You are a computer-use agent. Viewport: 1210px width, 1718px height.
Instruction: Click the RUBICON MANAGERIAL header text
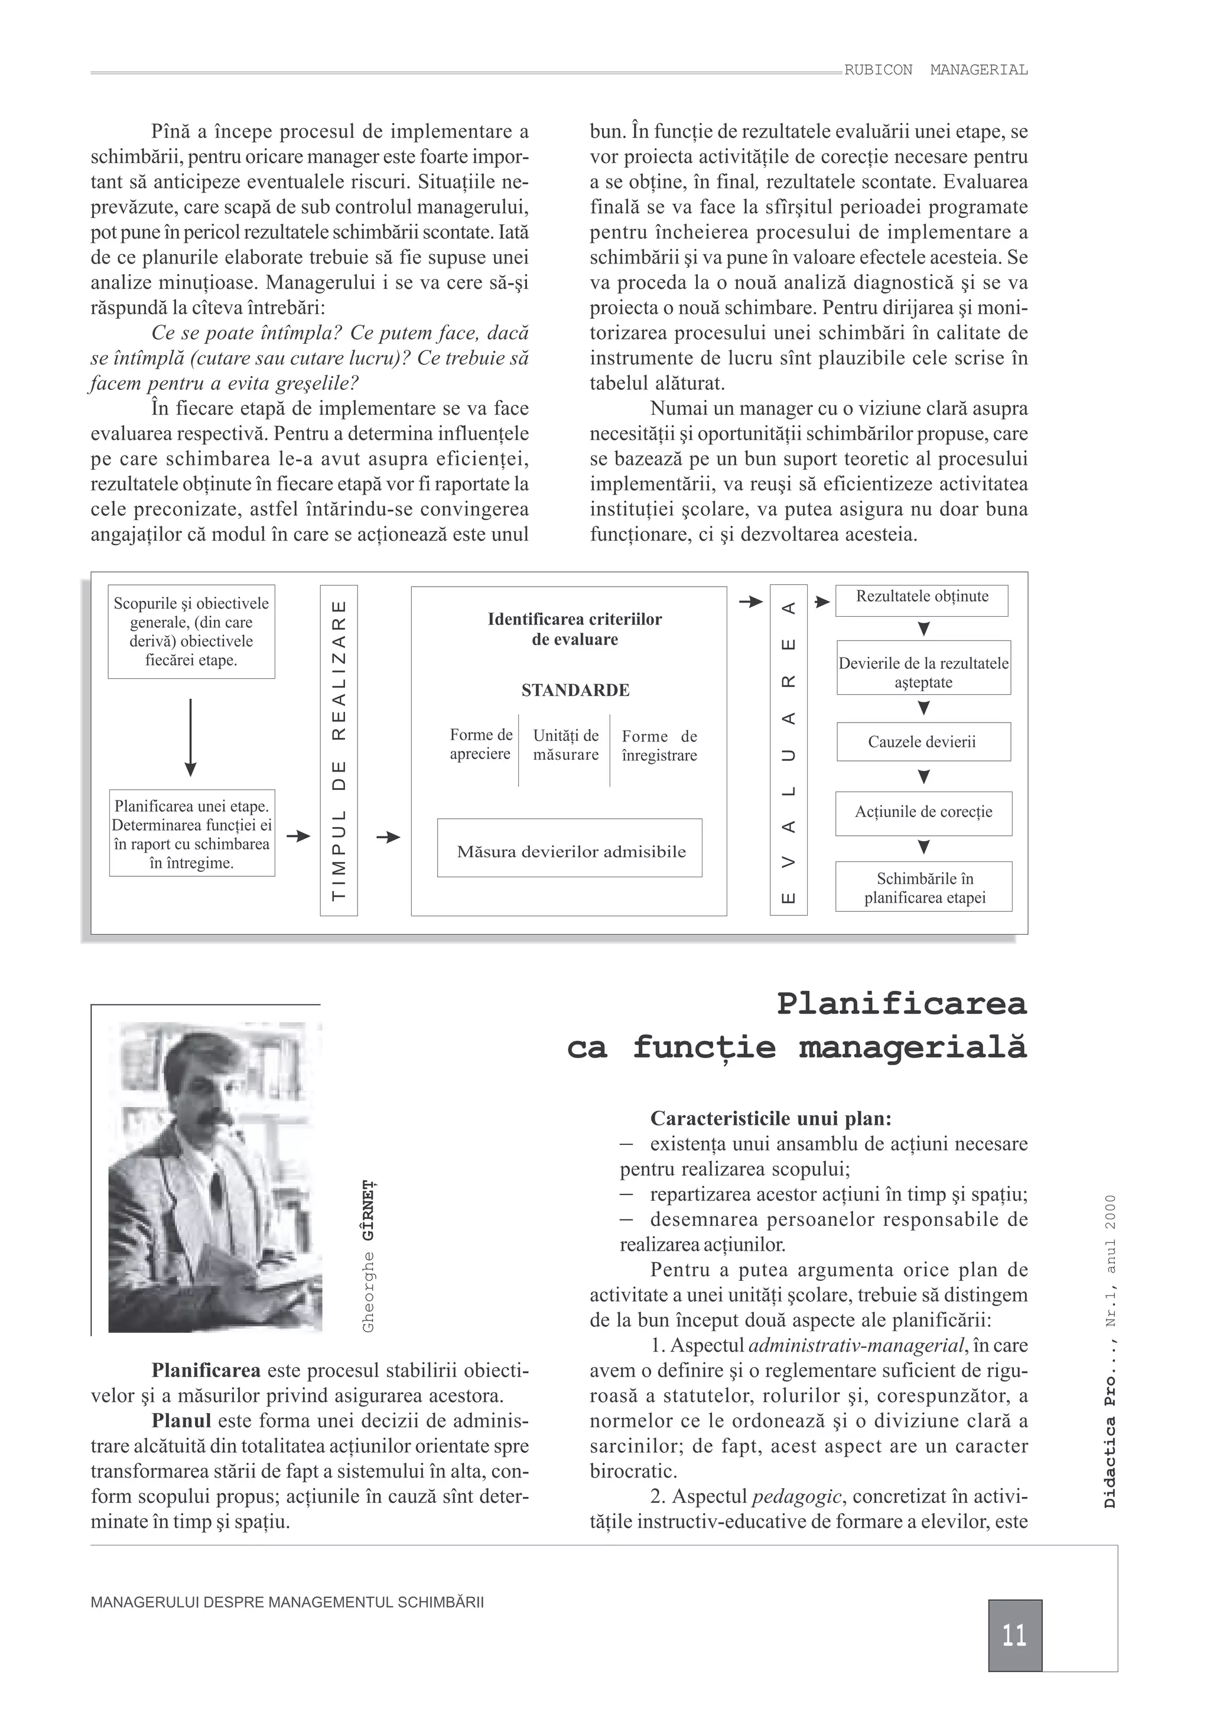pos(935,70)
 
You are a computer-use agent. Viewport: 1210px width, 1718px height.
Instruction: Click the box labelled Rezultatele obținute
pos(921,600)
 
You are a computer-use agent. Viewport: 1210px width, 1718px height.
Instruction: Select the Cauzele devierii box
pos(923,741)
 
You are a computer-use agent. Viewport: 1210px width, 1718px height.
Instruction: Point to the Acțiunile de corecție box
pos(923,812)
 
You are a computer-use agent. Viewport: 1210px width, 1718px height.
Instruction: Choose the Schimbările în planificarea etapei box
pos(923,887)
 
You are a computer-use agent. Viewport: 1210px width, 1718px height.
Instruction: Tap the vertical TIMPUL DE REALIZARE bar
pos(339,750)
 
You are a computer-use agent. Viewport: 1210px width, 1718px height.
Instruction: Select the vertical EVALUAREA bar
pos(788,750)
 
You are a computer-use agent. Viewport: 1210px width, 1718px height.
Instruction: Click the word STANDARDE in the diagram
pos(575,690)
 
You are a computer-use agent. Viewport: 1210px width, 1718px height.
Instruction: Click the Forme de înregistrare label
pos(659,745)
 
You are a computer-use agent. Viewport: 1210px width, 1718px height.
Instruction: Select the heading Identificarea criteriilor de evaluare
pos(575,629)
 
